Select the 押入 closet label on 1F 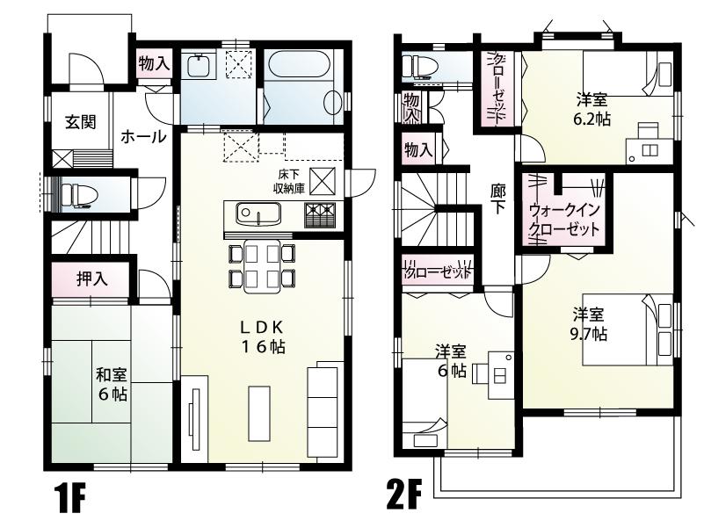91,279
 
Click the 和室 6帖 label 112,384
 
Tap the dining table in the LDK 260,265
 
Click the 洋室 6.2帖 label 594,108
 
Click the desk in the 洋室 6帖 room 491,373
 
